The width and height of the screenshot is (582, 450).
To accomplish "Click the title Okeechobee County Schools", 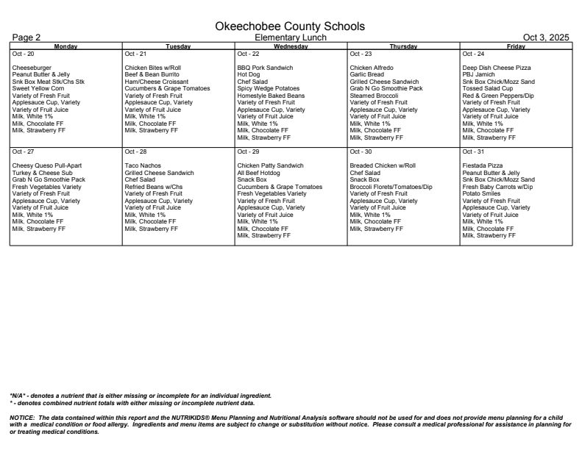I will (x=291, y=26).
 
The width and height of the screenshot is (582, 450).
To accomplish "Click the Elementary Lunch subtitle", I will (x=291, y=37).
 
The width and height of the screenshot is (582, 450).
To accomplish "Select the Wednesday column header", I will (x=291, y=46).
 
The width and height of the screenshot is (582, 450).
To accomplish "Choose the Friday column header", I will (x=515, y=46).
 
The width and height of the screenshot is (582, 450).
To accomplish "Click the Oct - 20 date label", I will (x=24, y=54).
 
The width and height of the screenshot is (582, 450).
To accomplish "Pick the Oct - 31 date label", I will (x=474, y=151).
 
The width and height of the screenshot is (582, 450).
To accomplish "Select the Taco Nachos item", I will (x=143, y=165).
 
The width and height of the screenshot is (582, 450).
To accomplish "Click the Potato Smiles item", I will (x=480, y=193).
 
